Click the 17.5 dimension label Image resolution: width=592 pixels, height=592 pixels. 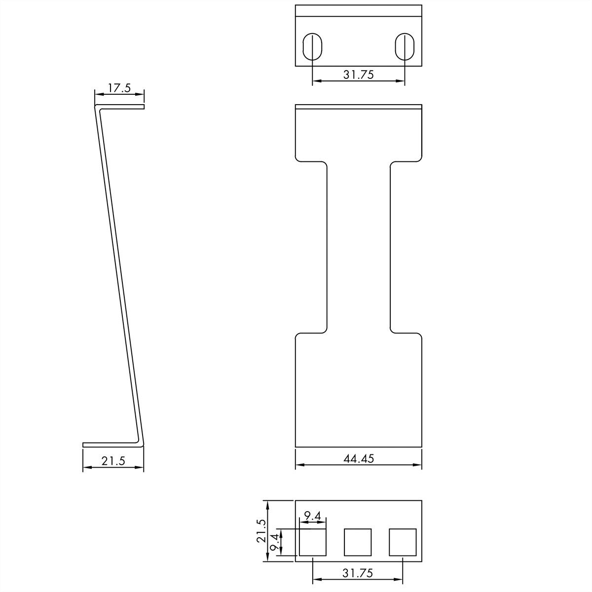(119, 88)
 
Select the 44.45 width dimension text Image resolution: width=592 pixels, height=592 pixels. (358, 458)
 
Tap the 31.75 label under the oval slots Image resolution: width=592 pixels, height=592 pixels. (358, 74)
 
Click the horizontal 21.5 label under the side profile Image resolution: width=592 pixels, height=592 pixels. (113, 461)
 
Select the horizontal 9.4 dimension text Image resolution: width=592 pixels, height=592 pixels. (313, 517)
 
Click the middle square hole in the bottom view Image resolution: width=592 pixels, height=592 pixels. (358, 542)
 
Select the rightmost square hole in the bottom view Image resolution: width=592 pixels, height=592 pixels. (403, 542)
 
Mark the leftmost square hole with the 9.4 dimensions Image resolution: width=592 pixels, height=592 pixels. (313, 542)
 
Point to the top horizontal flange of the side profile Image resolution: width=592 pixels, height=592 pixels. (121, 106)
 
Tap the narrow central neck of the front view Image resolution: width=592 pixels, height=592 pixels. (359, 247)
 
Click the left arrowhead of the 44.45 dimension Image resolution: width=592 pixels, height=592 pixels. (298, 464)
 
